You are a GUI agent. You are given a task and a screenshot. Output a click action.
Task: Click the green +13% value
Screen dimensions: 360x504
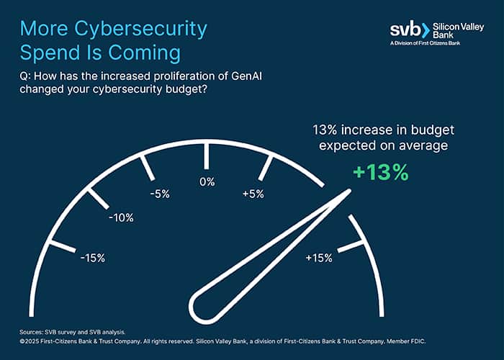(x=380, y=173)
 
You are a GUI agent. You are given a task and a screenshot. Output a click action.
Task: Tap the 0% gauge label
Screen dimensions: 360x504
(x=207, y=182)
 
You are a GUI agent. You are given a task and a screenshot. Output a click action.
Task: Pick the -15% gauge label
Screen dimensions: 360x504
(x=92, y=258)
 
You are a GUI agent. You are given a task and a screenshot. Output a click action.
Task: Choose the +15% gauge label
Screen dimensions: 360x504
(x=318, y=258)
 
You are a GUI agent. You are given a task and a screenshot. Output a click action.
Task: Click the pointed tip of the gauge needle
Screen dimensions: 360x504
(x=349, y=192)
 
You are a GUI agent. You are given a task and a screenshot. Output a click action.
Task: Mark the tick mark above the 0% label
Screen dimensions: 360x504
(x=207, y=156)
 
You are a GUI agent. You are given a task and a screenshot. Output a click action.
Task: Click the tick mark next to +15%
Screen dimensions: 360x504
(x=351, y=246)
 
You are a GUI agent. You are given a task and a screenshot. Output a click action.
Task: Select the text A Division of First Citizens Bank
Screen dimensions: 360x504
(x=431, y=45)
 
